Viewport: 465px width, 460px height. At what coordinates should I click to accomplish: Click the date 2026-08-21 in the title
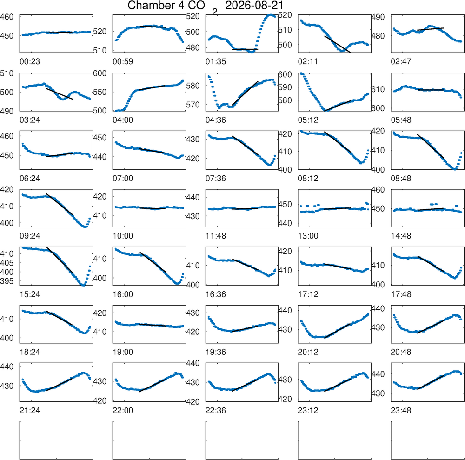point(254,5)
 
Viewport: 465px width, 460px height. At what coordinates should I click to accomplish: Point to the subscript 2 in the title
point(215,12)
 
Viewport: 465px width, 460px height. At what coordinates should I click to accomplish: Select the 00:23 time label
point(30,62)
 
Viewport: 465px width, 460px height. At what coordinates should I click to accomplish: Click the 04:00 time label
point(123,120)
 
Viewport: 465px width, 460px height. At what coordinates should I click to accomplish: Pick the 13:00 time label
point(308,236)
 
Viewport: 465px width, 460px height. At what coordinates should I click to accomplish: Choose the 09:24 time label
point(30,236)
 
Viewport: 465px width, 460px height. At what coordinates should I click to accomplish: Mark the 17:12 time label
point(308,294)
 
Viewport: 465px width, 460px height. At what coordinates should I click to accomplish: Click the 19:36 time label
point(216,352)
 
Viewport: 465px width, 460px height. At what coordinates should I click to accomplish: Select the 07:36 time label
point(216,179)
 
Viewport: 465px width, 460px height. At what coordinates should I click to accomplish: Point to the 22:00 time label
point(123,411)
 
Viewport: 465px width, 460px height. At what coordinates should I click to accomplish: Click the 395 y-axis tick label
point(7,281)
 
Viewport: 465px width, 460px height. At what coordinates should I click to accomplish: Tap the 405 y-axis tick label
point(7,263)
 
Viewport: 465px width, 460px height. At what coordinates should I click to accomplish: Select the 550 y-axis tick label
point(100,92)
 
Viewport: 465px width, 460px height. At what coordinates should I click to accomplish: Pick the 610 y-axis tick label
point(378,89)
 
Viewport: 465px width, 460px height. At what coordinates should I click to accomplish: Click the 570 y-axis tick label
point(193,105)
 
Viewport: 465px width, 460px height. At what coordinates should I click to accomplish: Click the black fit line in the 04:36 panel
point(245,93)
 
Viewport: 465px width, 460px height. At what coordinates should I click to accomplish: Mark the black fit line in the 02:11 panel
point(338,44)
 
